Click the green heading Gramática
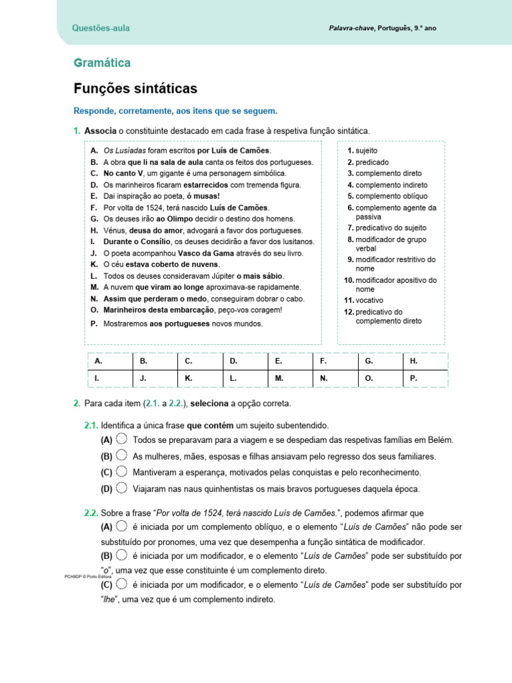click(102, 63)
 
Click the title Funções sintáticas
click(135, 88)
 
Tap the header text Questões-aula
click(101, 28)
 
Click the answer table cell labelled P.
click(425, 378)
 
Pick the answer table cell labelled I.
click(110, 378)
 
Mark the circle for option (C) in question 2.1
click(121, 472)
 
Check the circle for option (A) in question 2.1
click(121, 439)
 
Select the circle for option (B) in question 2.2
click(121, 555)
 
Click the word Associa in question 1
click(99, 131)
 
